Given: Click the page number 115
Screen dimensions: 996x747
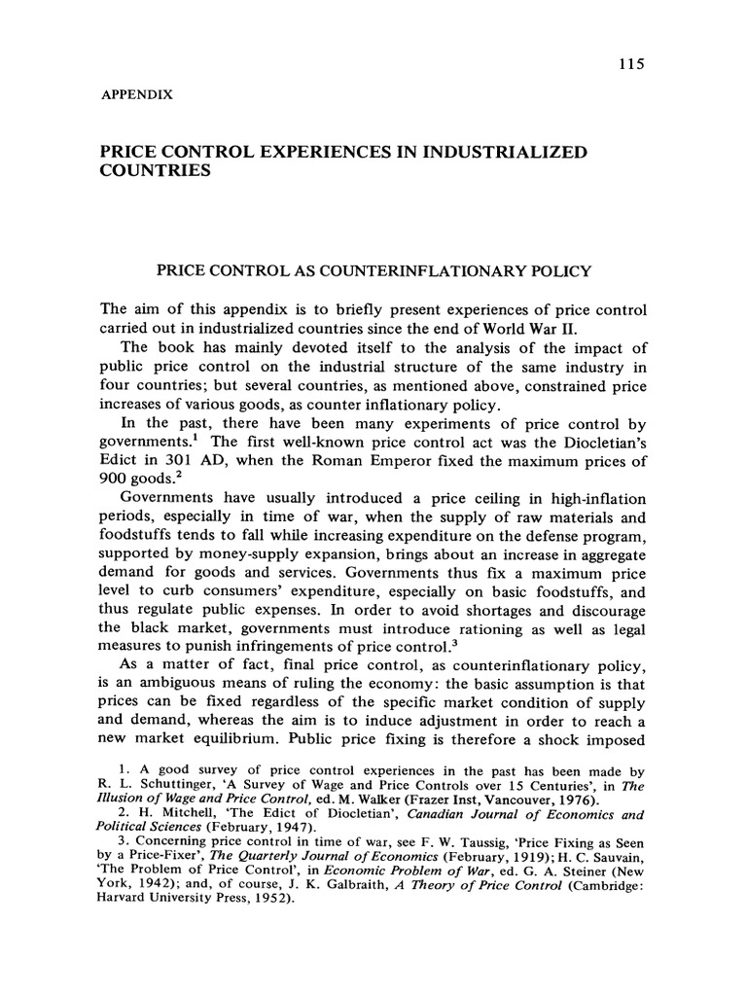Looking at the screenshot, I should coord(631,64).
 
